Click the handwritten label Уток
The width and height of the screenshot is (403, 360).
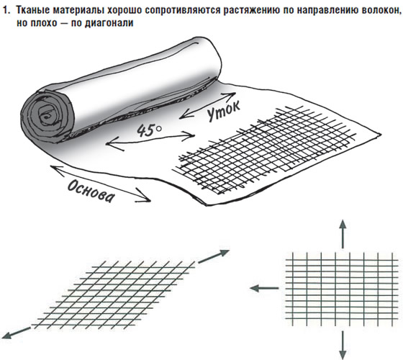point(223,110)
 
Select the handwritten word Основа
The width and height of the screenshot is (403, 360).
point(91,192)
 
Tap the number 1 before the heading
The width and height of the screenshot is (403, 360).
point(6,11)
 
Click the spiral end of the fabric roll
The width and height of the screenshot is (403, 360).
point(47,117)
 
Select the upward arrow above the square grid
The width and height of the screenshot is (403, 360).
point(343,234)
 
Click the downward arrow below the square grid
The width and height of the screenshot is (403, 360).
point(343,345)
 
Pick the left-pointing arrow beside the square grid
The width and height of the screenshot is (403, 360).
point(265,288)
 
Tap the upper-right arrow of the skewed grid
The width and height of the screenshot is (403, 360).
point(213,256)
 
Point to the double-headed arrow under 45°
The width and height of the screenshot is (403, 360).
point(150,140)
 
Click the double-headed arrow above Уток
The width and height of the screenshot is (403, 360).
point(207,105)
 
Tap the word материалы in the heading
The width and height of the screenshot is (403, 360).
point(78,11)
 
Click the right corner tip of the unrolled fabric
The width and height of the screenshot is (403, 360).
point(380,134)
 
